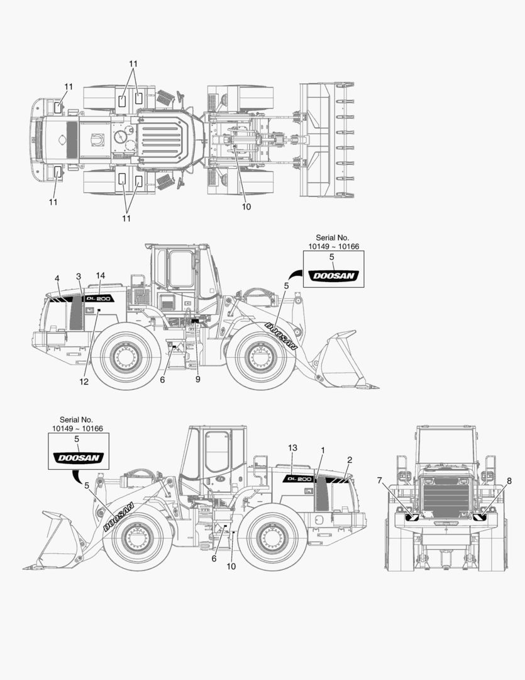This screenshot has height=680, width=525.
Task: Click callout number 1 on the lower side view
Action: (323, 450)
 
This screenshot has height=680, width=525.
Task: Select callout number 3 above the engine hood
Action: (79, 276)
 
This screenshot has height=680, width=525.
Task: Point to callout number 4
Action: (57, 278)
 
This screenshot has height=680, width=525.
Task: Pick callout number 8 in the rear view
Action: (509, 480)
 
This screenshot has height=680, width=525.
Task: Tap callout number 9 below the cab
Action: (197, 380)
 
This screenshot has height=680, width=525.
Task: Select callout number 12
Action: (84, 382)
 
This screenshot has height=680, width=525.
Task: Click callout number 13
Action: (292, 448)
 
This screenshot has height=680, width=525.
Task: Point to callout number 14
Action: (101, 275)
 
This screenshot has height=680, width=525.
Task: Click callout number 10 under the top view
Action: (246, 207)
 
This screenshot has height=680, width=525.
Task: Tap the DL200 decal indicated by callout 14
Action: (99, 298)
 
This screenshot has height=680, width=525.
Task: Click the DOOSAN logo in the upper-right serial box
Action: (331, 276)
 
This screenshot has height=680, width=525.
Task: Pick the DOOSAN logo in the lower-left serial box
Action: (77, 458)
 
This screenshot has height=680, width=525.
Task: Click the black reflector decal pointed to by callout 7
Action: (413, 517)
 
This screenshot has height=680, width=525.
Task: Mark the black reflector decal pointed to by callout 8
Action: (480, 517)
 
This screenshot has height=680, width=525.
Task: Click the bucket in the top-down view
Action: (326, 139)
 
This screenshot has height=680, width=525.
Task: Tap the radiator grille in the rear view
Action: (447, 494)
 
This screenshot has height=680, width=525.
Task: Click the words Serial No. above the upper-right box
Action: (331, 237)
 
